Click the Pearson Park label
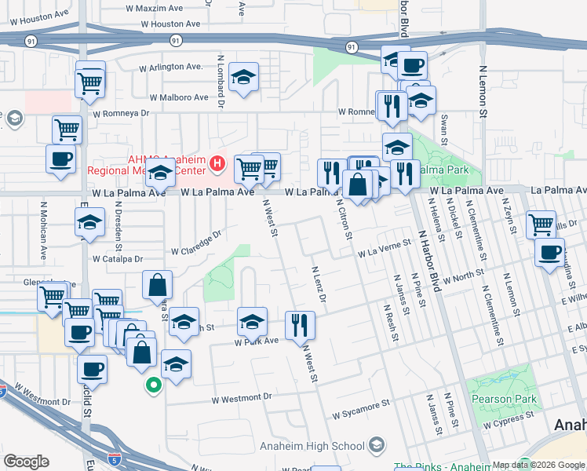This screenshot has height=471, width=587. coord(505,399)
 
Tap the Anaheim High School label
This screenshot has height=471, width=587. coord(312,446)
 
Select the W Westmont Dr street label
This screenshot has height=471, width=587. coord(242,398)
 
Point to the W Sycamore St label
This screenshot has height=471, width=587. coord(361,409)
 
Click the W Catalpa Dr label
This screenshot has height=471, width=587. coord(118,257)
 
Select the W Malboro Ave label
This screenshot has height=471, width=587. coord(180,97)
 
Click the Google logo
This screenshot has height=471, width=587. coord(27,462)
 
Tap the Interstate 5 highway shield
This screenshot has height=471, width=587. coord(93,454)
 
